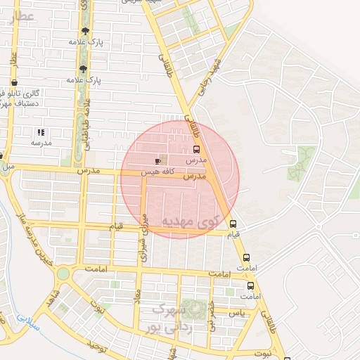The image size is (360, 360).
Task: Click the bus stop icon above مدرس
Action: (x=196, y=149)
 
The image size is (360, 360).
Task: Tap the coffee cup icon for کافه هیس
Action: (x=157, y=161)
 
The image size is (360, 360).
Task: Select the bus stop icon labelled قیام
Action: (x=233, y=224)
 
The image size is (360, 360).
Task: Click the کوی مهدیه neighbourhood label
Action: (x=191, y=221)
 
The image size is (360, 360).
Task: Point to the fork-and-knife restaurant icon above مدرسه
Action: (x=40, y=131)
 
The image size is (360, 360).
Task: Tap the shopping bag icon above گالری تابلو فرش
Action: (x=14, y=83)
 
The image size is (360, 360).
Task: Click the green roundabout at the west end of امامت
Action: (x=63, y=273)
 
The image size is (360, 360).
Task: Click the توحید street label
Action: (x=97, y=345)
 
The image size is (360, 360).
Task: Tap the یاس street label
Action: (x=238, y=313)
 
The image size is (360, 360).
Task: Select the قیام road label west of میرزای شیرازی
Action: (x=116, y=226)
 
